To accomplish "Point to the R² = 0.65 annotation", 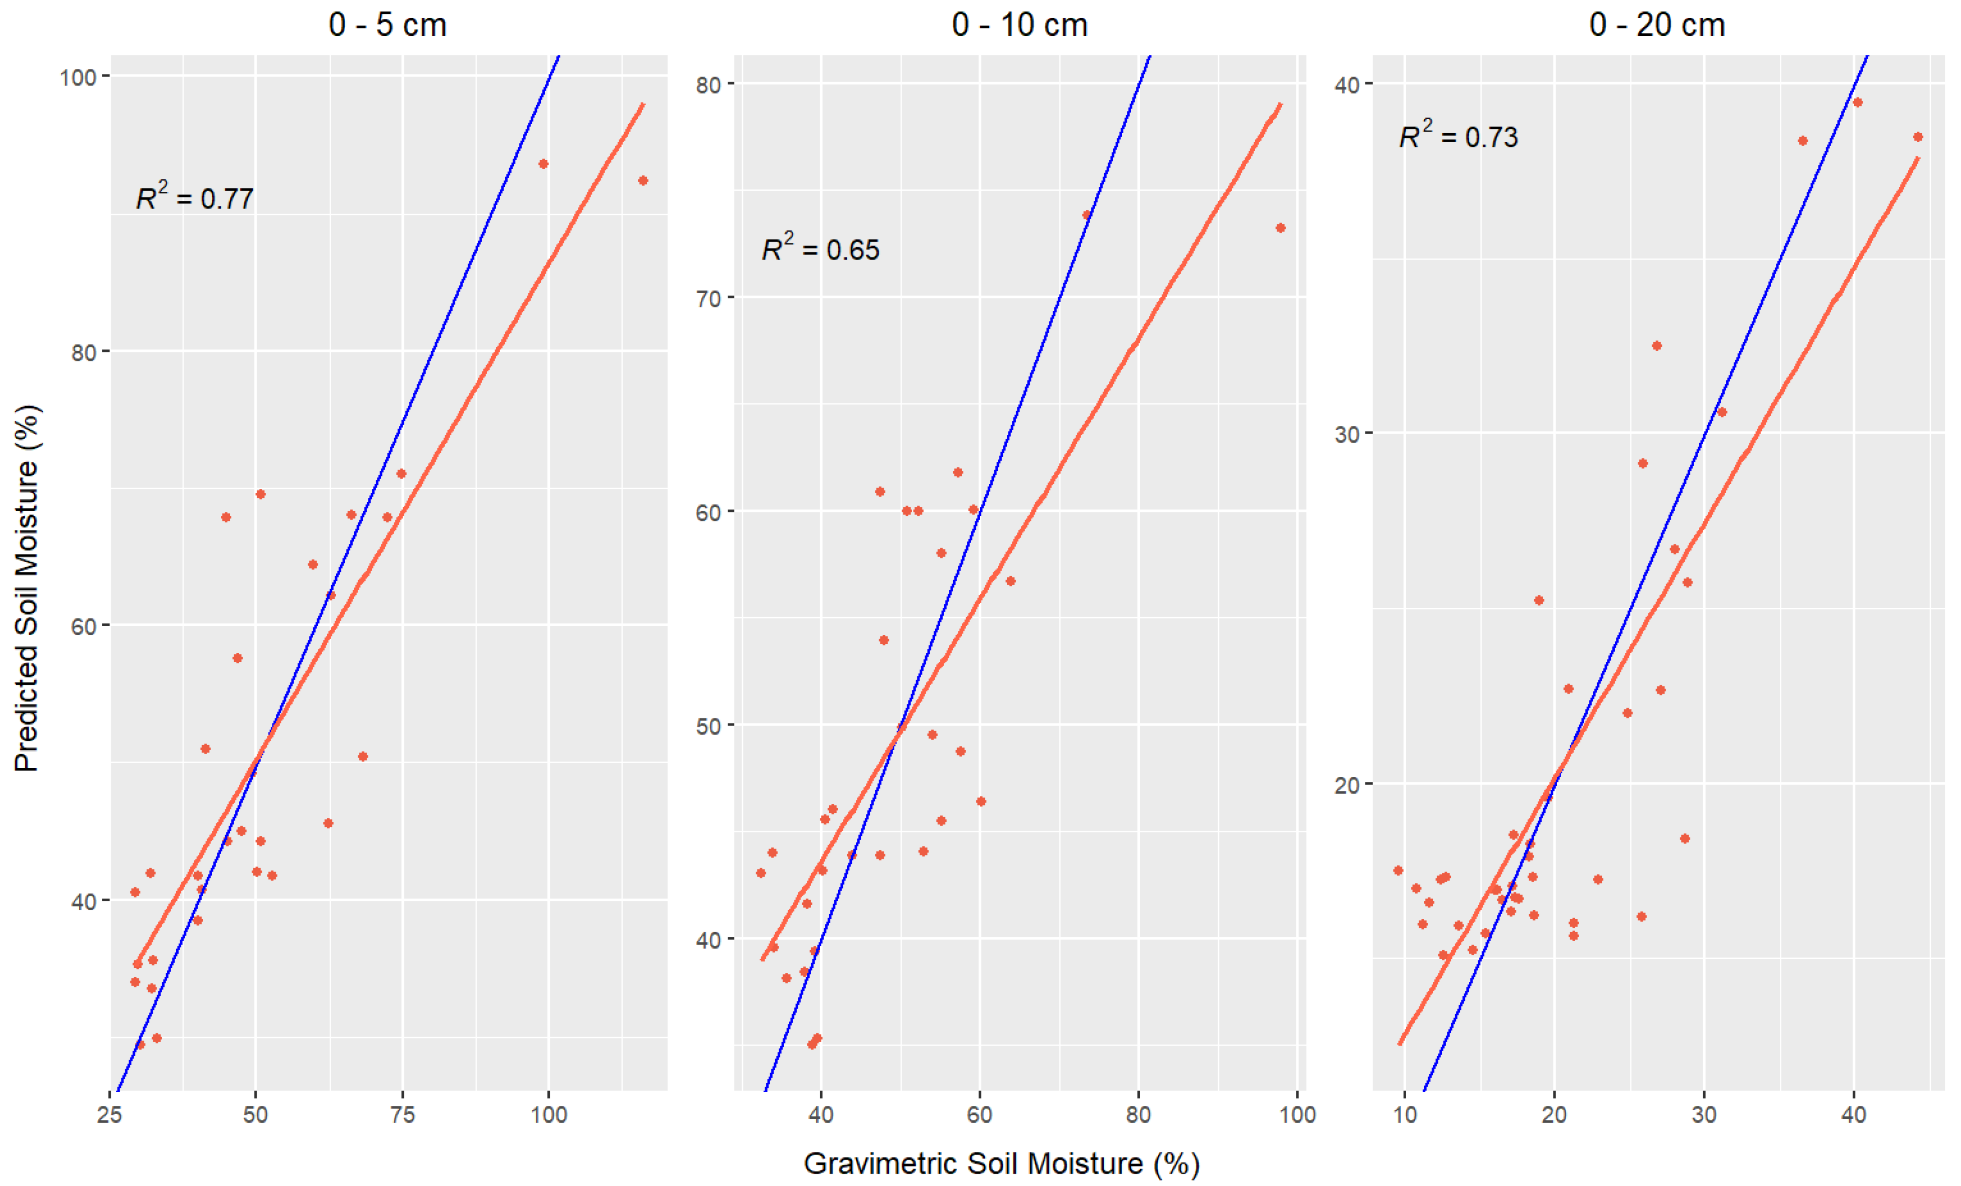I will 820,248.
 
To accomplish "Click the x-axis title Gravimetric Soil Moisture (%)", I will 1001,1163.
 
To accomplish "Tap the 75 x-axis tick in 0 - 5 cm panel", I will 402,1114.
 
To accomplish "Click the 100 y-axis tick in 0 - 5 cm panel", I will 78,77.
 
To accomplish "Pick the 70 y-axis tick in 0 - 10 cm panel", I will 708,299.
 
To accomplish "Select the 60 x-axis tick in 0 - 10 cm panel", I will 980,1114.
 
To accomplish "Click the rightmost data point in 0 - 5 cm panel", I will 643,181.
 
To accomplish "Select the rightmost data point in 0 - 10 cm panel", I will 1280,228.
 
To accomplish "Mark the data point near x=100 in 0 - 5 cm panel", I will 544,164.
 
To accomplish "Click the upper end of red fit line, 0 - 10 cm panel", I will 1280,105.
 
